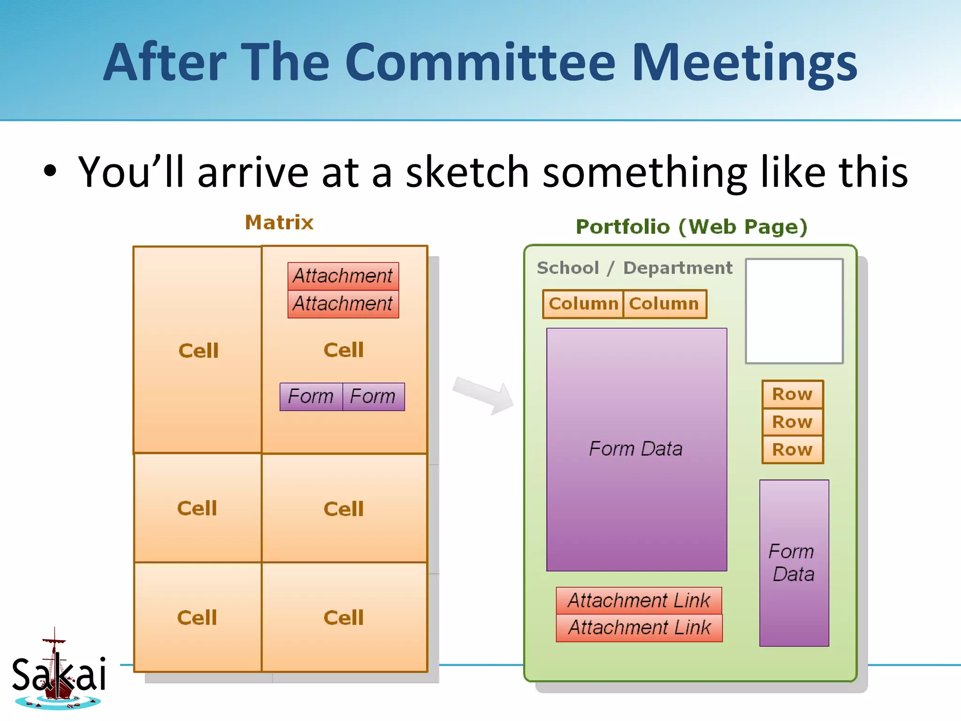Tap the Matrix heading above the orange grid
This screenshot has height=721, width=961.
coord(279,222)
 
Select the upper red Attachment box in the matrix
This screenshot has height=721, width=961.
coord(343,276)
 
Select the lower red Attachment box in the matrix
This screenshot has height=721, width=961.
coord(343,304)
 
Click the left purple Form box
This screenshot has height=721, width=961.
coord(311,397)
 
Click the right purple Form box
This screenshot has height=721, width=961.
coord(374,397)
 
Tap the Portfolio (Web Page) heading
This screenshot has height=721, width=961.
coord(691,227)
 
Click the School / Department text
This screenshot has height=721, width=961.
coord(634,268)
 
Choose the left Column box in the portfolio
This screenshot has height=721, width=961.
coord(583,304)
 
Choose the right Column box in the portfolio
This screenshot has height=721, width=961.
coord(664,304)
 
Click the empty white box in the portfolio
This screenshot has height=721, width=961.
coord(794,311)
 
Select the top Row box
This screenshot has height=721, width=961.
coord(793,394)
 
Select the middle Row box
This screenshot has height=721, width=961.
coord(793,422)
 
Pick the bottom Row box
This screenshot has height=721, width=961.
coord(793,450)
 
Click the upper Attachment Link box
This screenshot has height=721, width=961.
coord(639,600)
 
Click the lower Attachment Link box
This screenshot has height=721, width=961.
coord(639,628)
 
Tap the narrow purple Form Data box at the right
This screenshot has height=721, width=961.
coord(794,563)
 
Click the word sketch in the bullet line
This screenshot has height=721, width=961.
coord(467,173)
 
